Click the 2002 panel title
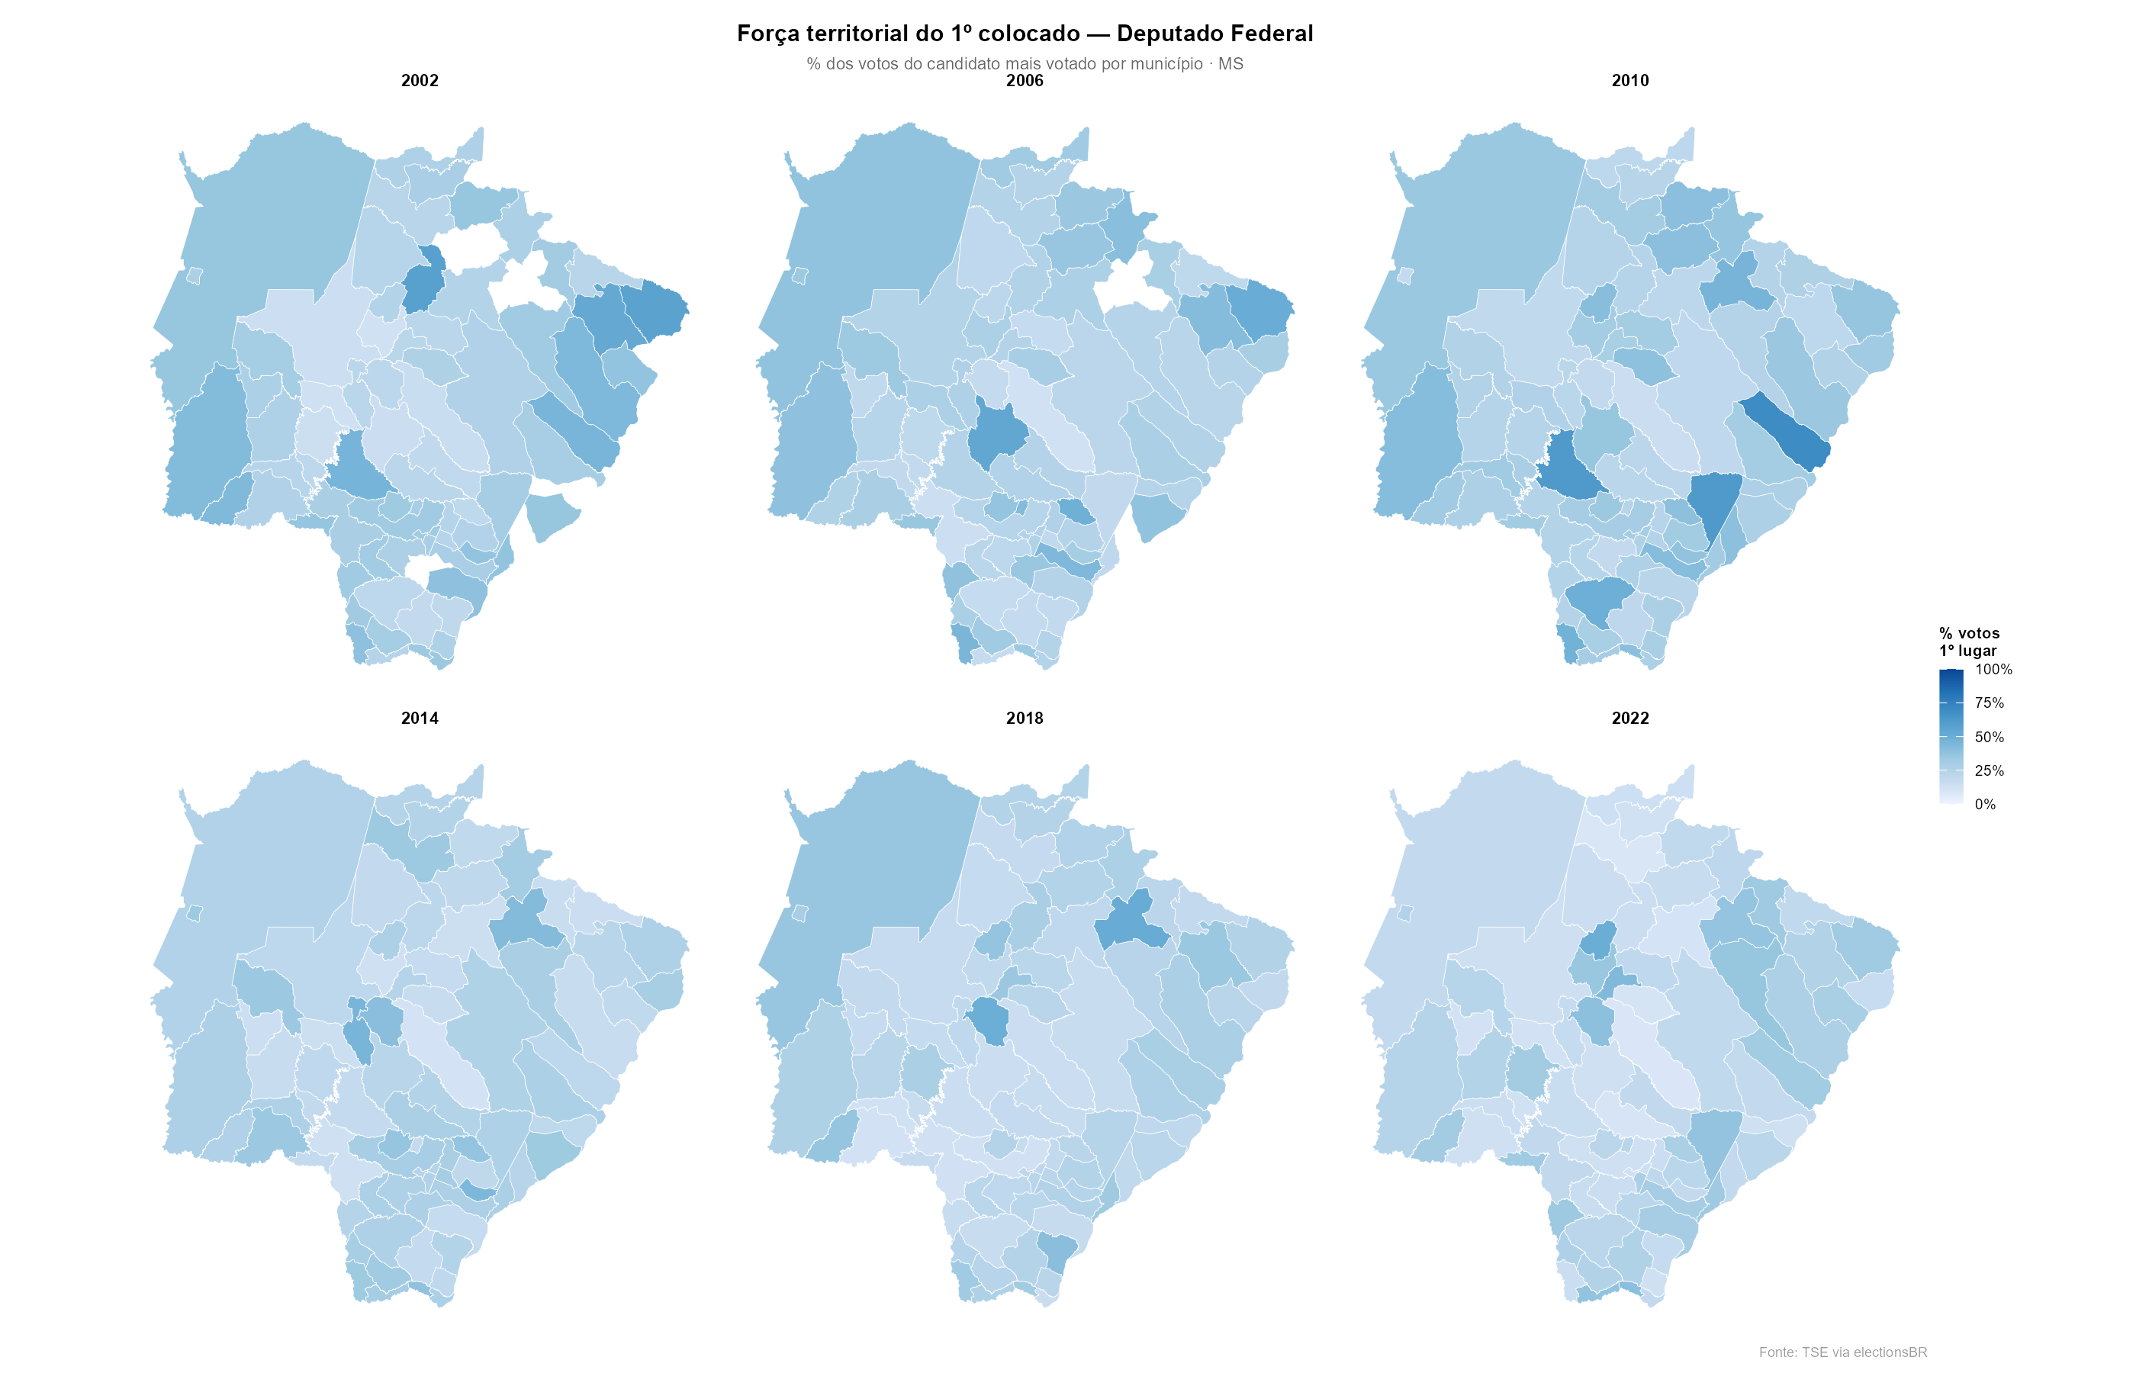419,80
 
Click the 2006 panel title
1025,80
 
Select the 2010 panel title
1629,80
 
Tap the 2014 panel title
419,718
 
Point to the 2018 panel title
1025,718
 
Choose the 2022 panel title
1629,718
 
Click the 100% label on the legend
1993,670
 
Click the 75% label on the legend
1989,703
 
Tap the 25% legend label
1989,770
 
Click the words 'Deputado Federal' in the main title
1214,34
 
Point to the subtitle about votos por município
1025,64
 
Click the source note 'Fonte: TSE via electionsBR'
1843,1352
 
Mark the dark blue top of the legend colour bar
1951,676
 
